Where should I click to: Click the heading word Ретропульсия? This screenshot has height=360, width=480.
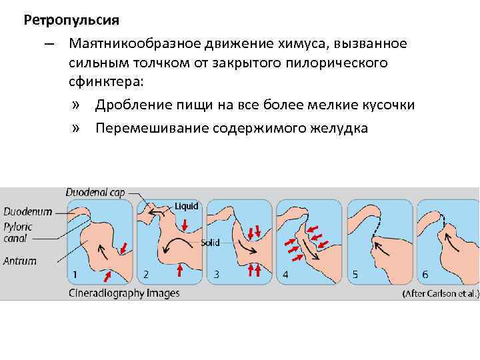point(71,20)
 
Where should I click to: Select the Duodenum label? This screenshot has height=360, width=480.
point(28,211)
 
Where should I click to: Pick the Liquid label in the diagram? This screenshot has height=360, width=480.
point(187,206)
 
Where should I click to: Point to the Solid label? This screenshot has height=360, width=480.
point(211,243)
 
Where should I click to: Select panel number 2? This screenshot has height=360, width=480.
point(146,273)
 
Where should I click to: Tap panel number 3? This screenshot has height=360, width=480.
point(215,273)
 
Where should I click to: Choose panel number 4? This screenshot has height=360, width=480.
point(285,273)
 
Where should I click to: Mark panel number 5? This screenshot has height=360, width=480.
point(355,273)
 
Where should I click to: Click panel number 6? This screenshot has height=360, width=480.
point(425,273)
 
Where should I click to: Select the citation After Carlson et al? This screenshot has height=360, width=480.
point(440,293)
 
